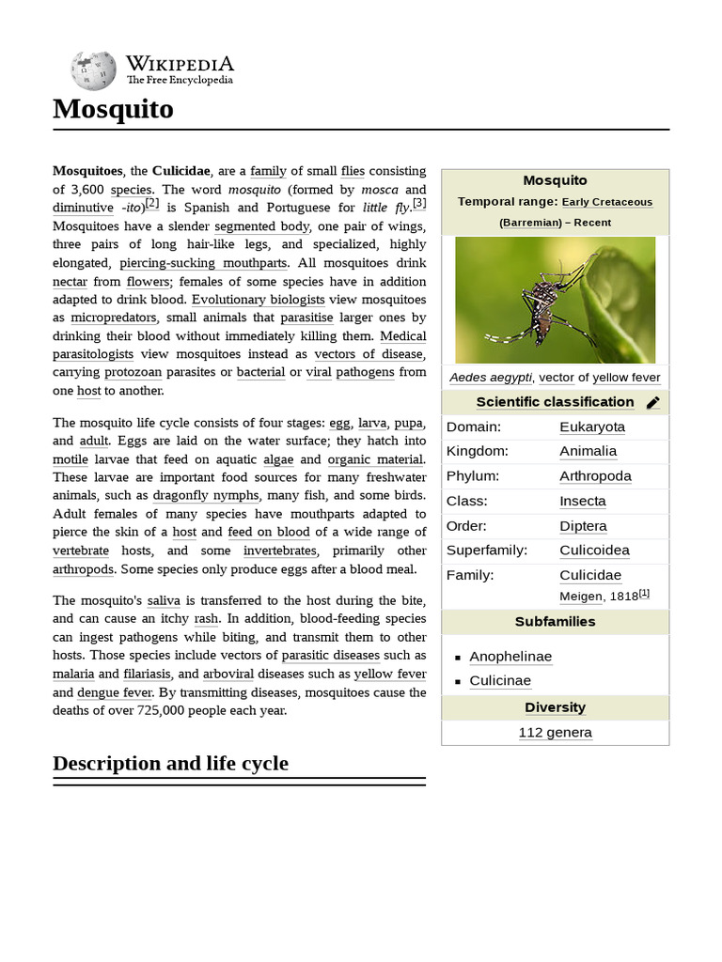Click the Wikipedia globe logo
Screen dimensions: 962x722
point(93,70)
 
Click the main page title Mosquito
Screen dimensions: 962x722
point(113,109)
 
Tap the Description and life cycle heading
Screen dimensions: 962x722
point(170,763)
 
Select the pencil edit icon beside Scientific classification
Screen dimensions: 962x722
point(653,403)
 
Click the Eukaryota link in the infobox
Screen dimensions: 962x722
point(591,427)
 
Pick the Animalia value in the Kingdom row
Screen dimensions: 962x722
point(588,451)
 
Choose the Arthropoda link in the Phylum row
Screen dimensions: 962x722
point(595,475)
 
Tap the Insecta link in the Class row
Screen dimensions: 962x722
point(583,501)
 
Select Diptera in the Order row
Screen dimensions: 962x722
point(583,526)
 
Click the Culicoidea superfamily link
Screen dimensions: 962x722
point(594,550)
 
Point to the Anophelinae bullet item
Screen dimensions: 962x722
point(510,657)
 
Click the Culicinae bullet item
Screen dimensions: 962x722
point(500,680)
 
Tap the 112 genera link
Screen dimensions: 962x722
point(555,732)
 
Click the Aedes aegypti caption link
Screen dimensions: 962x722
point(489,378)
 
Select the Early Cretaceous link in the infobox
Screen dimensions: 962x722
point(608,202)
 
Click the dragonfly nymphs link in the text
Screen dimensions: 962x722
point(207,495)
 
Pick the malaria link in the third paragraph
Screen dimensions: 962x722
point(73,674)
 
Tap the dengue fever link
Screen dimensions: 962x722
point(115,692)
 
